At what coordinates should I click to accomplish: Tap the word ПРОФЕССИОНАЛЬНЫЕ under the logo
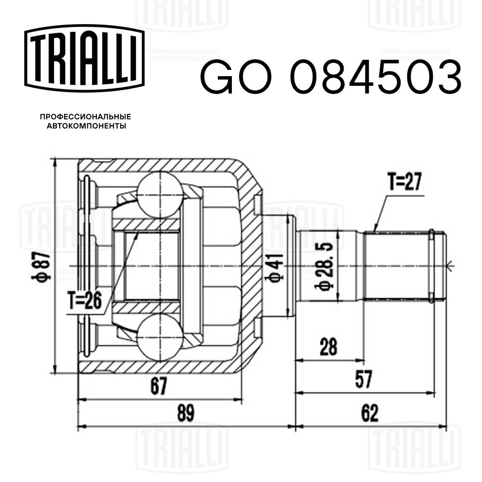(x=85, y=117)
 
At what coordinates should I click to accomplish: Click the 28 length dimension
(x=329, y=347)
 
